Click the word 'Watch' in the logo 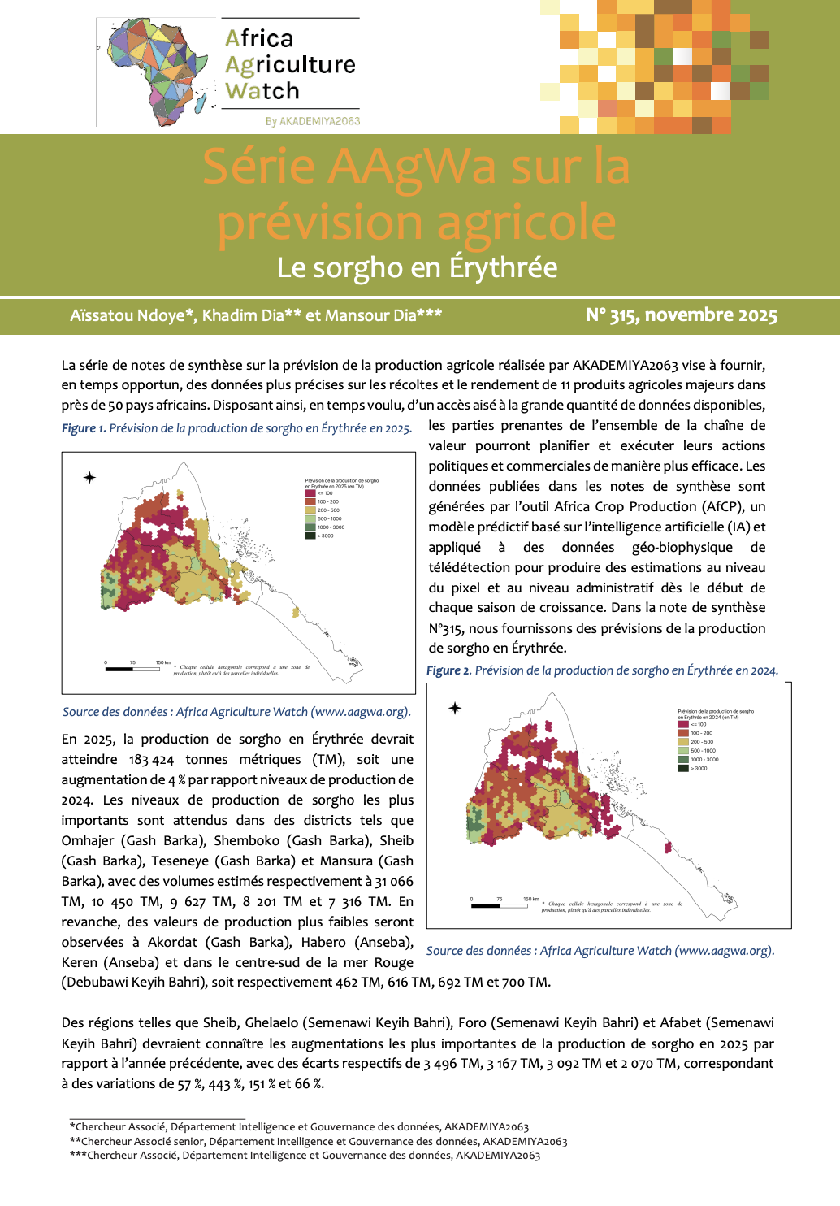click(x=262, y=91)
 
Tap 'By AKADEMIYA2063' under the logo click(x=313, y=121)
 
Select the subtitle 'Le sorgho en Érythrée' click(x=417, y=267)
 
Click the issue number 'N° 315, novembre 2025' click(x=682, y=315)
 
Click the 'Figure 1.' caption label click(x=84, y=428)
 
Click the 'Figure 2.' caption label click(x=448, y=670)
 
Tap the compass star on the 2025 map click(x=89, y=477)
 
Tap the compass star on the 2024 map click(x=455, y=708)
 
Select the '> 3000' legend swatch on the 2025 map click(x=310, y=536)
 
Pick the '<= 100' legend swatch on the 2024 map click(x=684, y=724)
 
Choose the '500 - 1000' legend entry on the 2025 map click(x=329, y=518)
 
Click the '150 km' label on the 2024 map click(x=530, y=900)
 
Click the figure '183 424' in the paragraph click(x=151, y=760)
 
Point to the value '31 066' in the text click(x=394, y=881)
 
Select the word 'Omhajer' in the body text click(x=87, y=840)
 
